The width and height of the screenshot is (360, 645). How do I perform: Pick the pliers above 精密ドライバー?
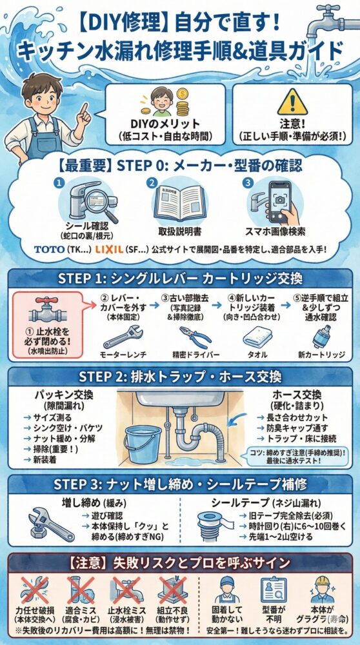coord(192,337)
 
